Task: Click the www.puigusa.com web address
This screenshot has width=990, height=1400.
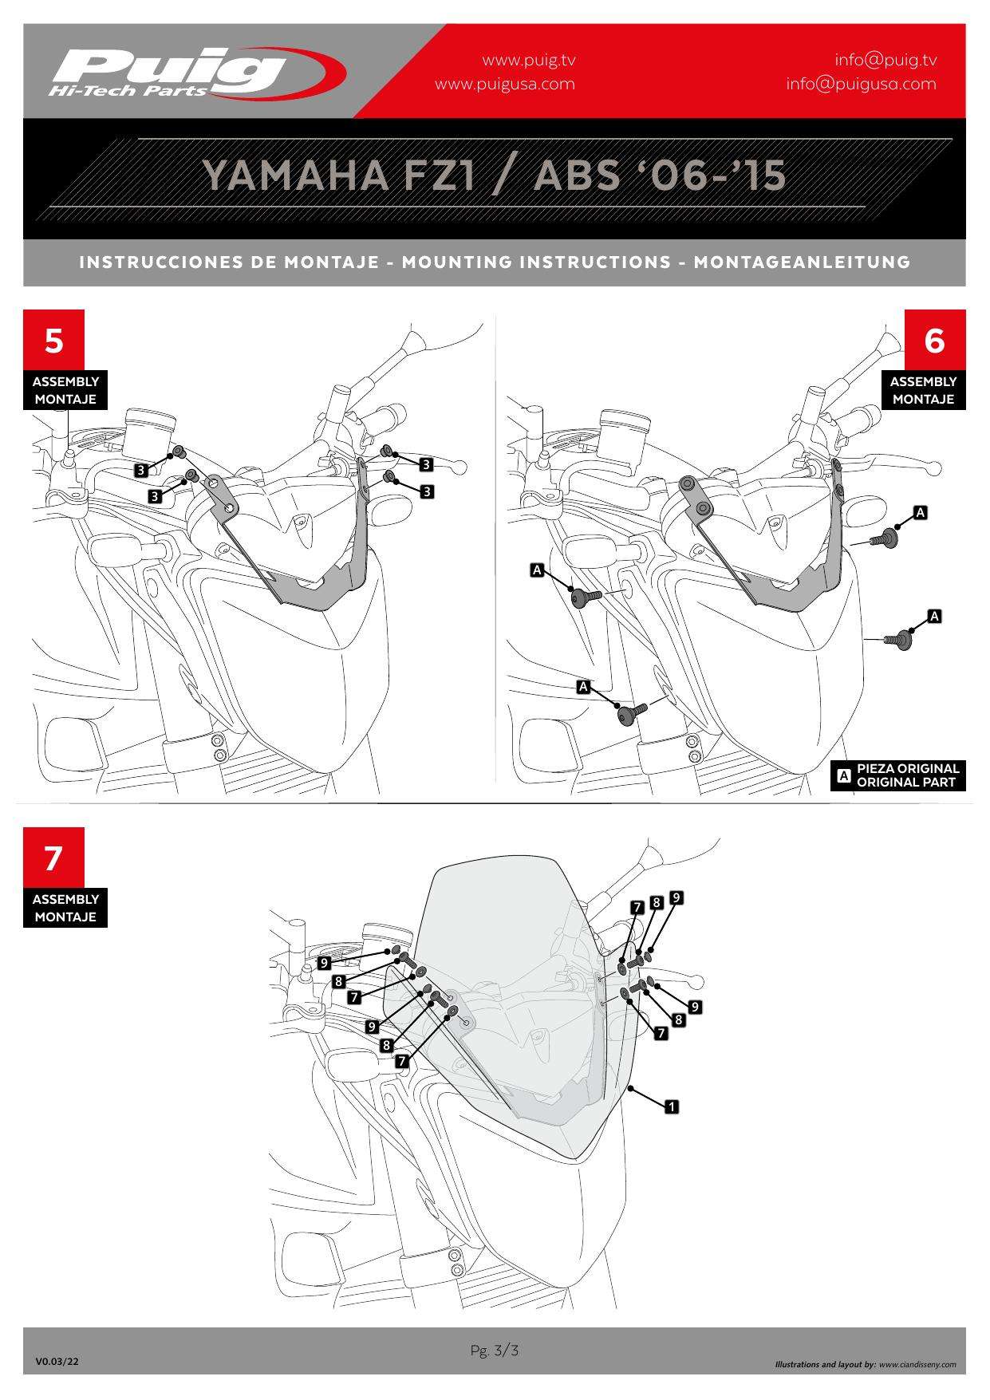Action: (x=504, y=84)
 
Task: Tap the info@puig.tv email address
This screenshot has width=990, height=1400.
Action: (x=885, y=60)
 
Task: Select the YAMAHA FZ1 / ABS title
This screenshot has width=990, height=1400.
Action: (x=494, y=175)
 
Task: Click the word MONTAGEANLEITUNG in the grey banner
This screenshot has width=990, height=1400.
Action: (x=802, y=262)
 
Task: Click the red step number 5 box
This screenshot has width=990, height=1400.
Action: (x=53, y=340)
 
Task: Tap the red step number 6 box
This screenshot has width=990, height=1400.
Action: (x=934, y=340)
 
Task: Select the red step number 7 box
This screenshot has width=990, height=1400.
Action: (x=53, y=858)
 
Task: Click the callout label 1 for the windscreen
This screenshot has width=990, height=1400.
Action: (x=672, y=1106)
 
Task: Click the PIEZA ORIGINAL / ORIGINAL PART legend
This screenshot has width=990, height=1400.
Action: (x=899, y=775)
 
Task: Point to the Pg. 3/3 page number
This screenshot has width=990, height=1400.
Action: (x=495, y=1351)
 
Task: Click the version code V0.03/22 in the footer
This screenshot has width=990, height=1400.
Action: (x=57, y=1363)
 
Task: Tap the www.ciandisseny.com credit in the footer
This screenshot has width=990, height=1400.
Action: (x=917, y=1364)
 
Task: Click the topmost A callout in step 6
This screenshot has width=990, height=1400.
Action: (x=921, y=512)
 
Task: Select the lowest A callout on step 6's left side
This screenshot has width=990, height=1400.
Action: (x=583, y=687)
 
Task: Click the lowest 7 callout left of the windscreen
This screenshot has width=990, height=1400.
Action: (x=402, y=1061)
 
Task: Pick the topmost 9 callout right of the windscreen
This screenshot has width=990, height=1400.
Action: (x=676, y=897)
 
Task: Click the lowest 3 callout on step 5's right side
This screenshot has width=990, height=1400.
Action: (x=427, y=491)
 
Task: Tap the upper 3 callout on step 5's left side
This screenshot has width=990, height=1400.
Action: (x=141, y=470)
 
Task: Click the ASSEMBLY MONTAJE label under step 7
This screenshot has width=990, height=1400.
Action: (x=65, y=908)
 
